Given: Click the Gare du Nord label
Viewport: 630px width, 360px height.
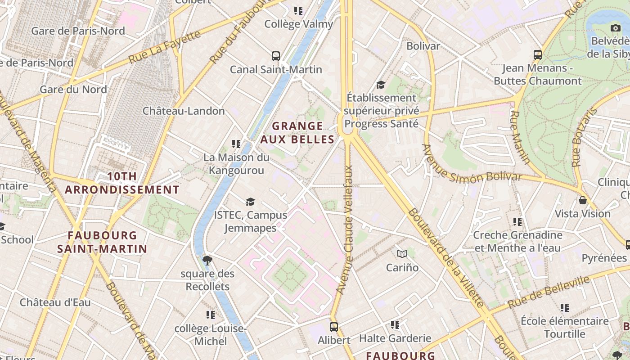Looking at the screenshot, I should [73, 89].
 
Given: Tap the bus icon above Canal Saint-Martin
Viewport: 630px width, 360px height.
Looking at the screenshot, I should [276, 56].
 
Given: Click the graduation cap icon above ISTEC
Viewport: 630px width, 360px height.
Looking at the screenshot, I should [250, 202].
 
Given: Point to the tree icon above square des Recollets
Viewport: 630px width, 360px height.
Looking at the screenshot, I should [207, 260].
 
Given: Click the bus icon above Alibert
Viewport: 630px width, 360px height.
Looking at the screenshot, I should [333, 327].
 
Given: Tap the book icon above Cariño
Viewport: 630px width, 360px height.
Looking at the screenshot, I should [402, 254].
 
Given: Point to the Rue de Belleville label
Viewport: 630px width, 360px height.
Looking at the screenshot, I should [549, 292].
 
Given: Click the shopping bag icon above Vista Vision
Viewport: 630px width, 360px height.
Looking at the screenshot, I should [583, 200].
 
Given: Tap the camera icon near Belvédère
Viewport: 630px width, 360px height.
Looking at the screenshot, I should [616, 28].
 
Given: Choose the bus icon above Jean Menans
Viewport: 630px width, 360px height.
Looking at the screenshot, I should [537, 55].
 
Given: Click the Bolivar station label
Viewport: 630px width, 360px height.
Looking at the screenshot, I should [423, 46].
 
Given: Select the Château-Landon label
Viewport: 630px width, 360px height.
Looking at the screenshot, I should [184, 111].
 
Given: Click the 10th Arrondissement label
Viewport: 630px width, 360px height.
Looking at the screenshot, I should [122, 183].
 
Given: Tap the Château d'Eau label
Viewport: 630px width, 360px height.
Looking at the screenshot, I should [55, 302].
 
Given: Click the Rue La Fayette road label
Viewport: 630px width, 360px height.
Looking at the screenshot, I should [164, 47].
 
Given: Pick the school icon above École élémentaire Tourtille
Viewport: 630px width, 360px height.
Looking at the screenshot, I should [565, 308].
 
